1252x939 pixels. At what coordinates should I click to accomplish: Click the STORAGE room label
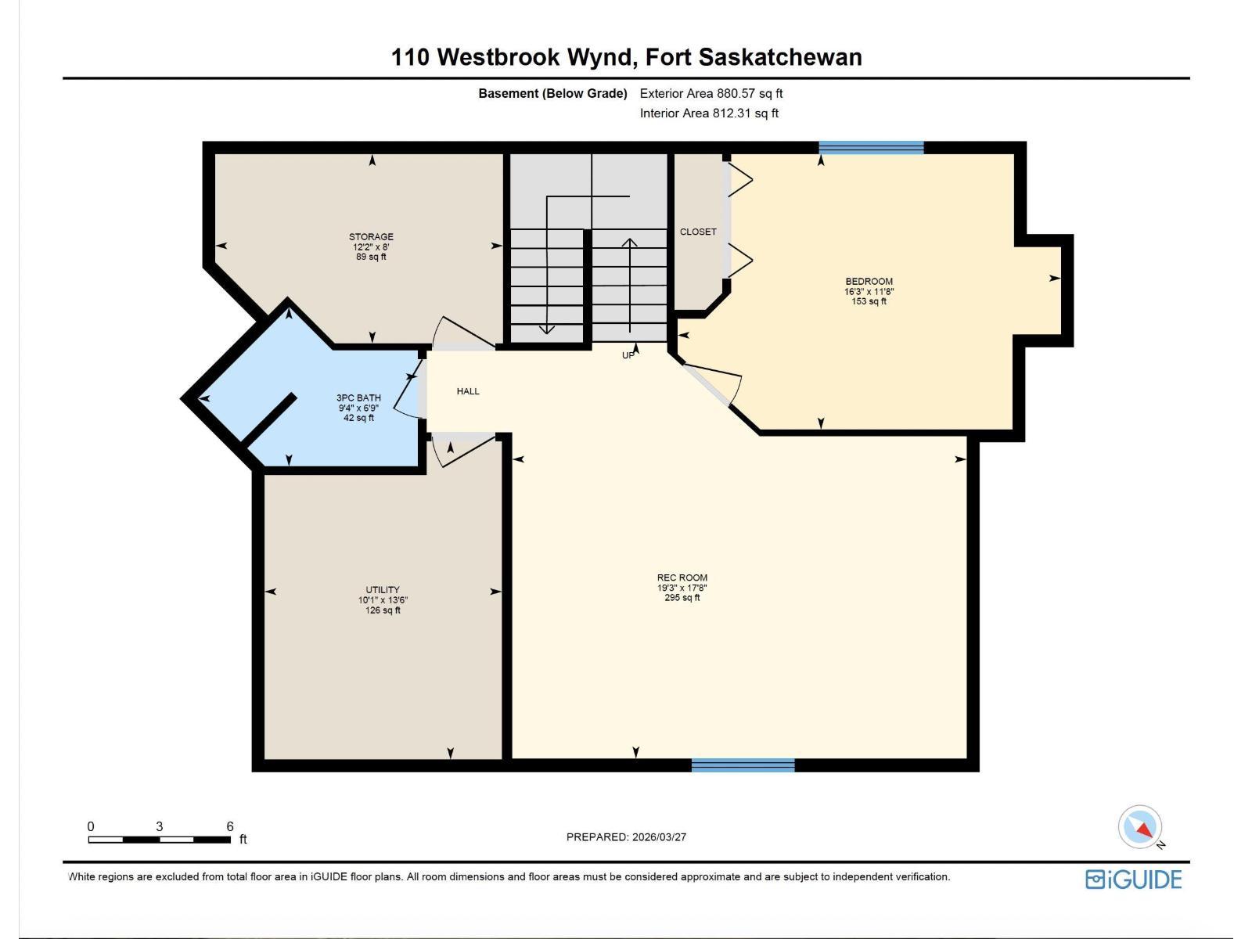point(371,236)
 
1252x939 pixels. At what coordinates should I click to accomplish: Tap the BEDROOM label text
point(869,281)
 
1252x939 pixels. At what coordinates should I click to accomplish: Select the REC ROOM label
point(682,577)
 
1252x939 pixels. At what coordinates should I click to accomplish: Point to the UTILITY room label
point(383,590)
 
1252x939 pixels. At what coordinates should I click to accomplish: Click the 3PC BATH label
point(358,398)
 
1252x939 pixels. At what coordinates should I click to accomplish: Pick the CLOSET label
point(698,232)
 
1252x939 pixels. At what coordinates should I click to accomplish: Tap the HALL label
point(468,391)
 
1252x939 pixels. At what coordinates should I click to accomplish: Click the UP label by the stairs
point(628,355)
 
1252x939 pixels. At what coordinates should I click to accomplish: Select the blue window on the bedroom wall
point(871,148)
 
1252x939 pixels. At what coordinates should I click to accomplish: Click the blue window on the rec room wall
point(743,765)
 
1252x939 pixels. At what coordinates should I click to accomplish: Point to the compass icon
point(1140,827)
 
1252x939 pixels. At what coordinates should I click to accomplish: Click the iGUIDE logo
point(1133,879)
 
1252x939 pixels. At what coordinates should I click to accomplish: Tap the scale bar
point(159,840)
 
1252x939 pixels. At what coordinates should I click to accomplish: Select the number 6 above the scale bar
point(230,826)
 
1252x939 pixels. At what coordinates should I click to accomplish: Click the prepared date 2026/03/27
point(658,836)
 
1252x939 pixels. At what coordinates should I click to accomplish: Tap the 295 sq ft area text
point(682,598)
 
